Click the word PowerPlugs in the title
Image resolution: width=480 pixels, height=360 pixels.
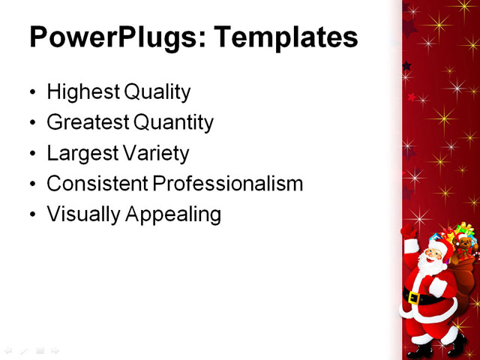110,37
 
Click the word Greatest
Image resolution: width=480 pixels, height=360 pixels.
86,122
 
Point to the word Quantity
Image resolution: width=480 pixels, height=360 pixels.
173,122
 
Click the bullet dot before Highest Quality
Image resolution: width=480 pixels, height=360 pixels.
31,94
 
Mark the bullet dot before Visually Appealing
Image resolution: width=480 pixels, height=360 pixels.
31,216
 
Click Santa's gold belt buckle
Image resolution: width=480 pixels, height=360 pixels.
412,298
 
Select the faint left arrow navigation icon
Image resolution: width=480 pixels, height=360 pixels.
8,350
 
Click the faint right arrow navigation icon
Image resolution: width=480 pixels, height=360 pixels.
55,350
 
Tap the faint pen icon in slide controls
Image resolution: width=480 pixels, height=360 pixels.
24,350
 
